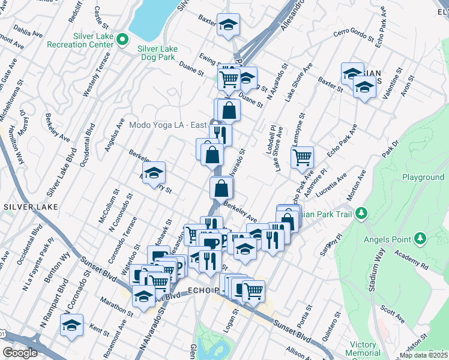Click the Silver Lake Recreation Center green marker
(122, 40)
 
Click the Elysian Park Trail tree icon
(361, 213)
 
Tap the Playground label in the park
(423, 178)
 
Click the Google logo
(20, 353)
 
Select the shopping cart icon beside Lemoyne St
(302, 158)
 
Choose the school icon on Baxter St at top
(228, 25)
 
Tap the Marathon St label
(117, 304)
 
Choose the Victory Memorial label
(363, 349)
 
